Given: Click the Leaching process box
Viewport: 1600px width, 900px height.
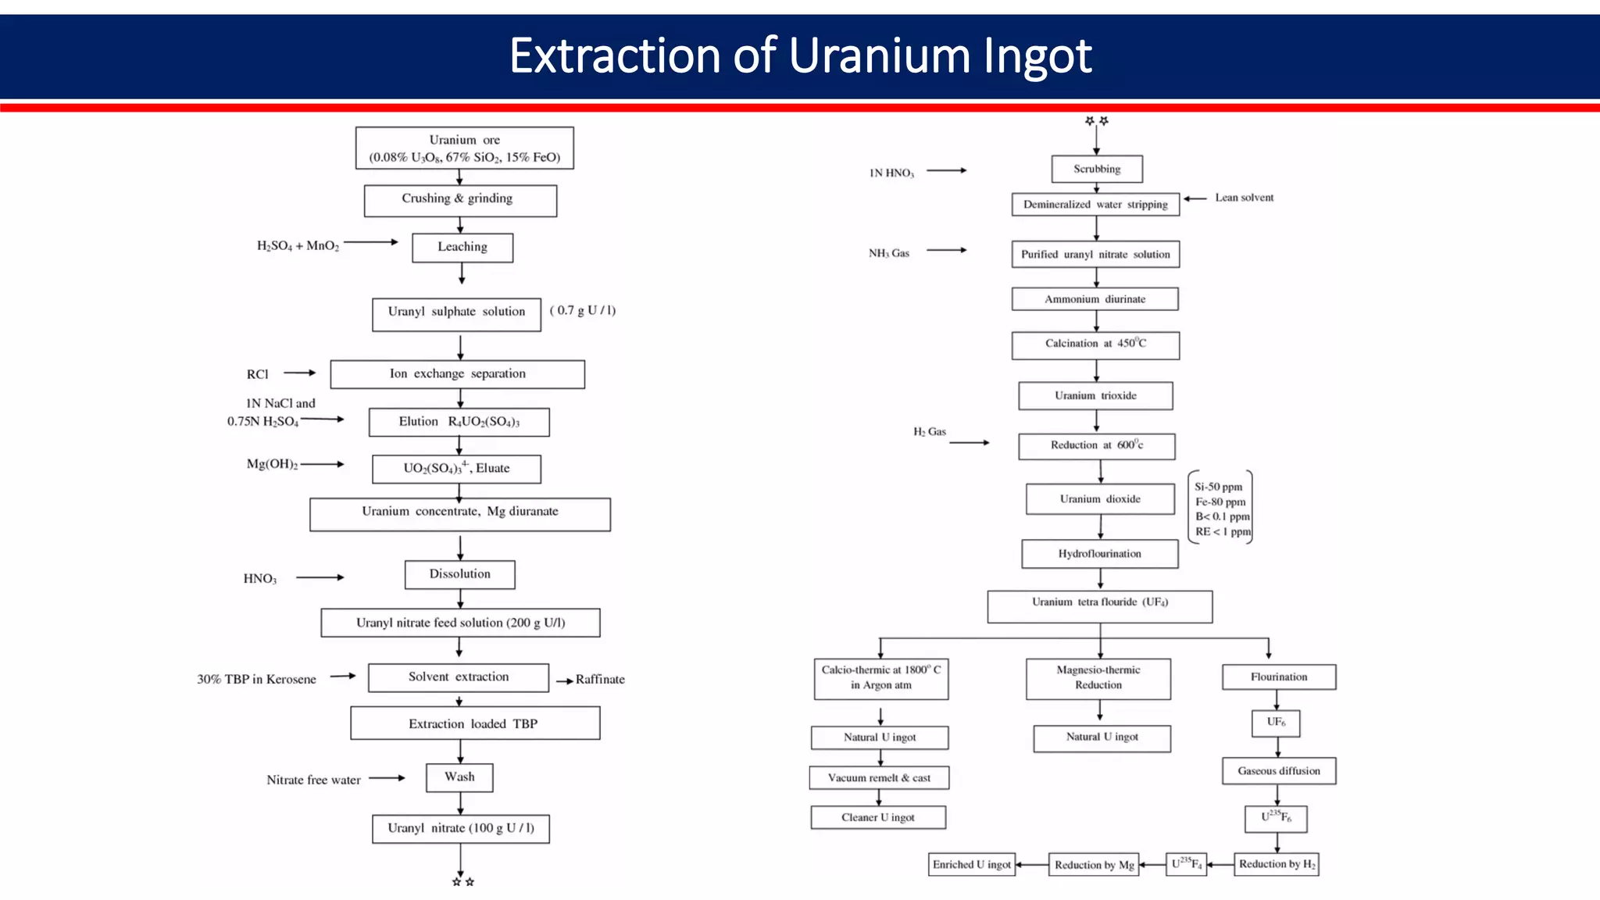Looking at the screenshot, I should tap(462, 248).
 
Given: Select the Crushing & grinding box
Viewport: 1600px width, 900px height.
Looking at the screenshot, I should tap(460, 200).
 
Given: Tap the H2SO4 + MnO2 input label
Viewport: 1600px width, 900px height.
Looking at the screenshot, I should tap(298, 246).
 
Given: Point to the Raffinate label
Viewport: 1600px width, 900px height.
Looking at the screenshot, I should tap(600, 680).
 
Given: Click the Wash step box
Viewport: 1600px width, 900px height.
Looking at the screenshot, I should tap(459, 777).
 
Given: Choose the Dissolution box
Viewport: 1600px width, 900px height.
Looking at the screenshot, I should tap(459, 574).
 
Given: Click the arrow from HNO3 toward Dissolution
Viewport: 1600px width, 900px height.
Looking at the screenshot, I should tap(320, 577).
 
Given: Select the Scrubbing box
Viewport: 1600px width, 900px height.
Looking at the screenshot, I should tap(1097, 169).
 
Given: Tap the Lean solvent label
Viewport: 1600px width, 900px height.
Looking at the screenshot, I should tap(1244, 198).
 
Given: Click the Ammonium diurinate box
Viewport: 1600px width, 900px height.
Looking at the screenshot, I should tap(1095, 299).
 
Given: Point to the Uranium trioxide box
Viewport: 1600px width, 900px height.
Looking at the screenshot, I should tap(1095, 396).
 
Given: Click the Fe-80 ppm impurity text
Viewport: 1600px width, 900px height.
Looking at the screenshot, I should tap(1220, 502).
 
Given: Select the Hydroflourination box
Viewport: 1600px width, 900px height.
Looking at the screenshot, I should tap(1099, 554).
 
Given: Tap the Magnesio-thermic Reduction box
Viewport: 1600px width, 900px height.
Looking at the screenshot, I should tap(1098, 678).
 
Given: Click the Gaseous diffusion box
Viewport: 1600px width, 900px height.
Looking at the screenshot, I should tap(1278, 771).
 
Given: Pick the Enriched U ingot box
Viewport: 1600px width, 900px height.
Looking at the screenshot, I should tap(971, 865).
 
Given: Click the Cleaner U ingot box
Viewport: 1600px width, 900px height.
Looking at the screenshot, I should tap(878, 818).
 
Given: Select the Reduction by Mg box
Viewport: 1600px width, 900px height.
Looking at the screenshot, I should tap(1093, 865).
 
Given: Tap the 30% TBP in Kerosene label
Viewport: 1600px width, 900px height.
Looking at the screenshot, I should tap(256, 680).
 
